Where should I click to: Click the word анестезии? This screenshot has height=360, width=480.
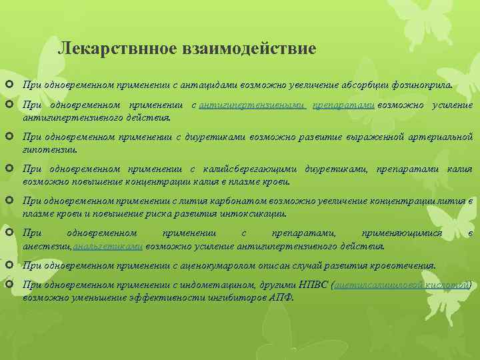tap(46, 246)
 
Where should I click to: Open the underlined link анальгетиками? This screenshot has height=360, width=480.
tap(108, 246)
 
